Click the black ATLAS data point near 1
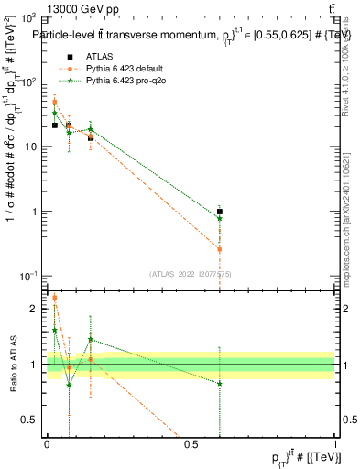(x=220, y=212)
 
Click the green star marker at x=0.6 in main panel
(x=220, y=218)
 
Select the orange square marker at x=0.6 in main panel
(x=220, y=248)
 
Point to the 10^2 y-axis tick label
(x=30, y=82)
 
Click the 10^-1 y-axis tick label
(x=30, y=276)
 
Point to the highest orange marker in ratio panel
(x=54, y=298)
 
